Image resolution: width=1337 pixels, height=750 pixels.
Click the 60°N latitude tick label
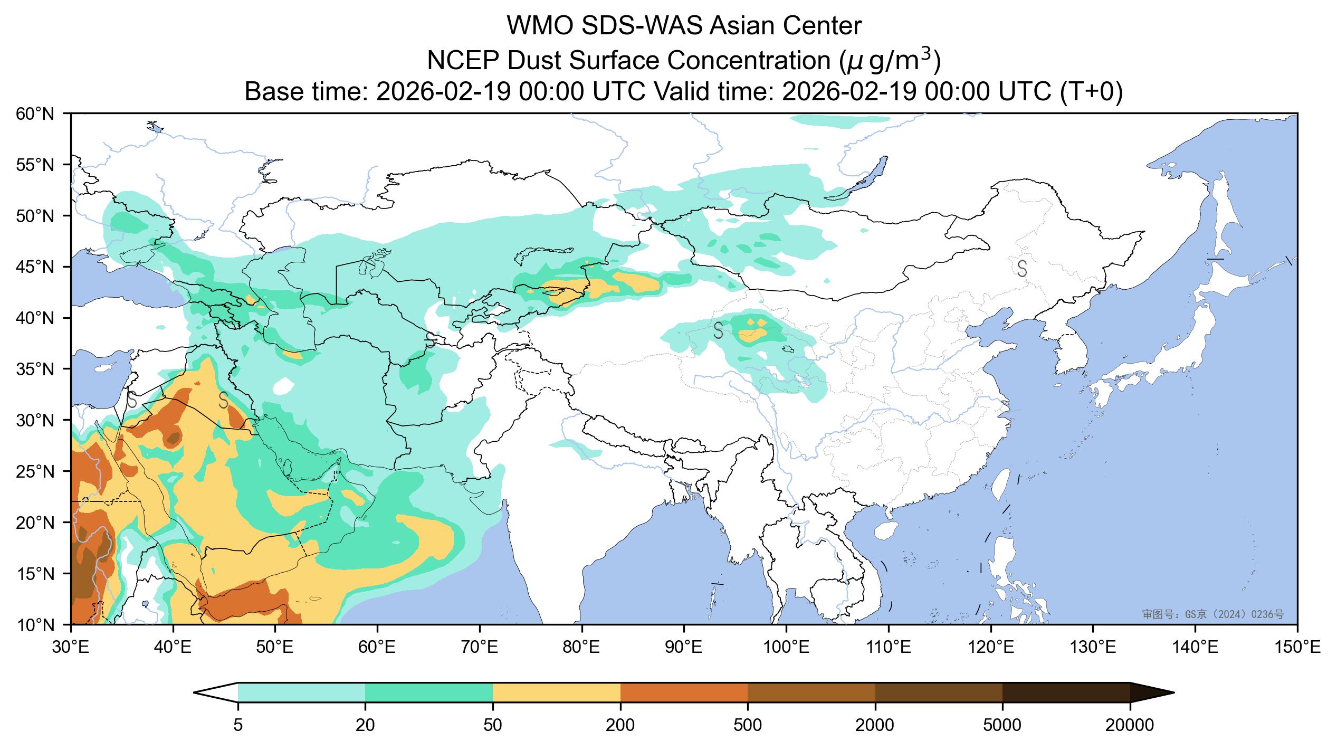click(35, 113)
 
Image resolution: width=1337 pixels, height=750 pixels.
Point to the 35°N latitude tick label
click(35, 369)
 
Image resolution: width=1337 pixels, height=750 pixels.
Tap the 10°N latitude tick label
click(35, 625)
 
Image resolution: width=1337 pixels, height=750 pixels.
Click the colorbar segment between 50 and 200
click(556, 692)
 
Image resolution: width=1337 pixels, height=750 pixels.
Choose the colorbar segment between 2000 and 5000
click(939, 692)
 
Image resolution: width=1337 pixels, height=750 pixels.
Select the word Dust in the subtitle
click(531, 61)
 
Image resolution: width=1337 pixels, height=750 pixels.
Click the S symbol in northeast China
click(1022, 268)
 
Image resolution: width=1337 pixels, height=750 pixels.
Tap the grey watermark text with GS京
click(1213, 614)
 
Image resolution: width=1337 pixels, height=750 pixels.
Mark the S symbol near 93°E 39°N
click(718, 330)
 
